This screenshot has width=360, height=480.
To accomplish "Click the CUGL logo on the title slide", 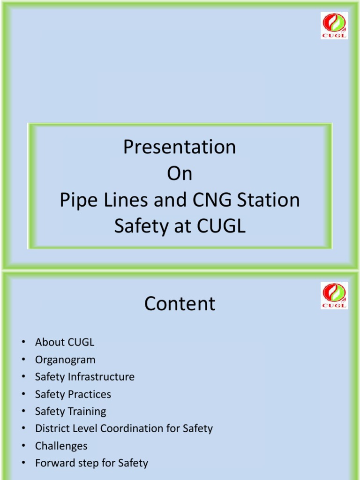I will point(334,25).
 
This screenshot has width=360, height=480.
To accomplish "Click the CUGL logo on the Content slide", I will point(334,295).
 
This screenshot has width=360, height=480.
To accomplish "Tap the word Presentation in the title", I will point(180,147).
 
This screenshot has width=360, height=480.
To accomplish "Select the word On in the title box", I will point(180,174).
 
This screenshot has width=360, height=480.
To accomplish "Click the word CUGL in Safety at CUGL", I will point(222,227).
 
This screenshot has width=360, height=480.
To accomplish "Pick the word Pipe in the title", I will point(75,201).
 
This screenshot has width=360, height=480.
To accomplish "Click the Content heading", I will point(180,304).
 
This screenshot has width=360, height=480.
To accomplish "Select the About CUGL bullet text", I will point(65,342).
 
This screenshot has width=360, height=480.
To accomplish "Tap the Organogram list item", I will point(65,360).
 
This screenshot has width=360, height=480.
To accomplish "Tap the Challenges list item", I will point(61,446).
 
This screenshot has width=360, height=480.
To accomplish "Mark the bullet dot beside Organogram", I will point(23,360).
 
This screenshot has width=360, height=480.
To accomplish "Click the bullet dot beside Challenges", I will point(23,446).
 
